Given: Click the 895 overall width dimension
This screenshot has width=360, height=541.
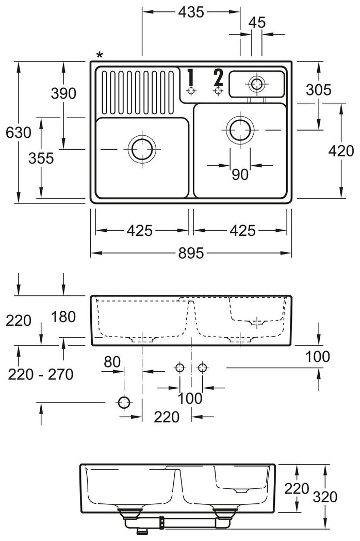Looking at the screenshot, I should point(191,253).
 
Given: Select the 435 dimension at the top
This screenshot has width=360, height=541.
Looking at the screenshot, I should point(191,11).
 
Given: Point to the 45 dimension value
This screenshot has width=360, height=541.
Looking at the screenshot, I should point(256,22).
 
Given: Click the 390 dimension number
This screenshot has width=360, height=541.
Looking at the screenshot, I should point(63,93).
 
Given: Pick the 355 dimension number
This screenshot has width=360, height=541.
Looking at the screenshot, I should point(41,158).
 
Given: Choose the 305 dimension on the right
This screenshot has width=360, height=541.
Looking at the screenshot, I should point(318,90).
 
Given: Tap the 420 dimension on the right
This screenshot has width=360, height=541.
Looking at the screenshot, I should point(341,150).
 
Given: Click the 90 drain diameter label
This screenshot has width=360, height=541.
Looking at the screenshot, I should point(240,175).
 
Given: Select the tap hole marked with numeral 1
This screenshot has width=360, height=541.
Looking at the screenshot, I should point(191,91).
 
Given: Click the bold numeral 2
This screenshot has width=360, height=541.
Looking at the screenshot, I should point(218,77).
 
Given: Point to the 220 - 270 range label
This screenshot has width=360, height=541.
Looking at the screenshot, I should point(41,373).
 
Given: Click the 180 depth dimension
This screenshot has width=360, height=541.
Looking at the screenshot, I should point(63,316).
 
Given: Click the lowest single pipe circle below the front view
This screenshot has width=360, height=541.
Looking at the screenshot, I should point(124,402).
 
